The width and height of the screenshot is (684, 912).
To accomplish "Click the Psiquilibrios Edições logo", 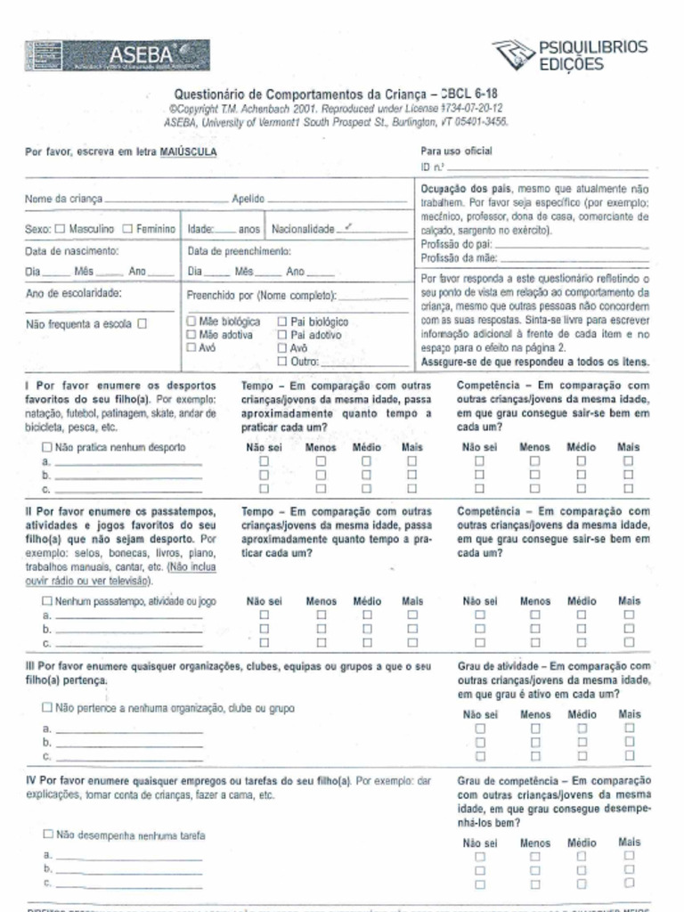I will pos(570,55).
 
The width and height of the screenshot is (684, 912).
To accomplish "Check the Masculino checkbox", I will pos(60,229).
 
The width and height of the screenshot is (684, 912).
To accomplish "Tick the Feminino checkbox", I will pos(127,229).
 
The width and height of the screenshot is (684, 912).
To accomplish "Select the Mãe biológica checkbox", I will pos(191,321).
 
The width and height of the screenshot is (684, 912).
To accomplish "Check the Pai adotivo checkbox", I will pos(282,335).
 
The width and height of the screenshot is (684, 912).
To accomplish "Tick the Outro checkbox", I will pos(282,362).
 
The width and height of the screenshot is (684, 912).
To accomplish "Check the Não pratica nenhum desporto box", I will pos(47,447).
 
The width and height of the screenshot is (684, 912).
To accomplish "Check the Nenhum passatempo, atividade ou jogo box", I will pos(47,601).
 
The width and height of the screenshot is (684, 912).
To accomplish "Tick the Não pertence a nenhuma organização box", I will pos(47,708).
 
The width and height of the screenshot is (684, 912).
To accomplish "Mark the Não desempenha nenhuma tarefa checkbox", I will pos(48,835).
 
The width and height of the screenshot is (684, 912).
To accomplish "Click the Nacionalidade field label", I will pos(302,229).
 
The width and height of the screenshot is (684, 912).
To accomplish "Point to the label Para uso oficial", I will pos(456,151).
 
